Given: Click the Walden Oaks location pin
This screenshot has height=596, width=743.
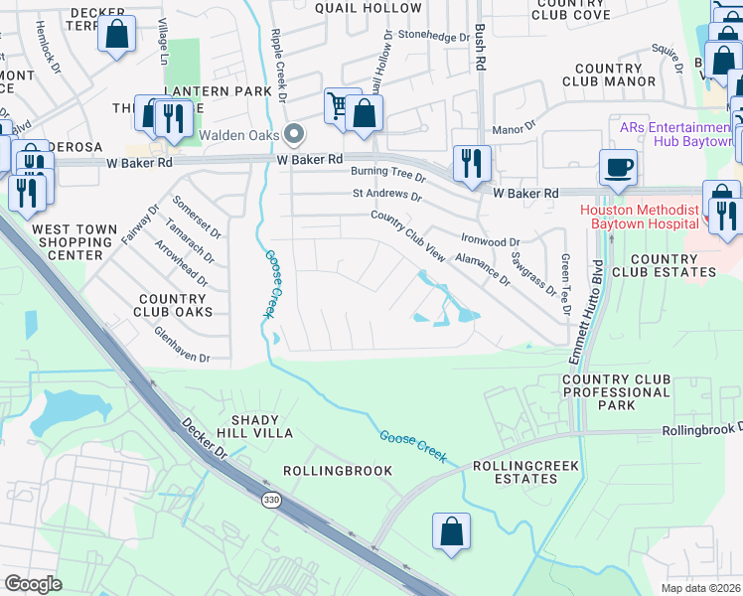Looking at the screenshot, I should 294,134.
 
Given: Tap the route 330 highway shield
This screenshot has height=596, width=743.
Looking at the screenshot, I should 271,500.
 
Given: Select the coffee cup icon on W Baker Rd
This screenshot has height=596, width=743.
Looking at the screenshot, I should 619,168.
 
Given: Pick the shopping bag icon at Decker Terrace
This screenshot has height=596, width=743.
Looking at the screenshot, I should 116,35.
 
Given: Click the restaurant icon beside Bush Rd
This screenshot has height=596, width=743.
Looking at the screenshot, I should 472,162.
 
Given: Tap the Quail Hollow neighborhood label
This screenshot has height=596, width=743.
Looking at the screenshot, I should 356,7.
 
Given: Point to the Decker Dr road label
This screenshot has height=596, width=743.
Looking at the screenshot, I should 204,439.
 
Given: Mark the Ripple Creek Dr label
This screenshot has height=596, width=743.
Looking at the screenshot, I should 277,66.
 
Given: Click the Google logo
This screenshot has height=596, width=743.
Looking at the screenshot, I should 34,584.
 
